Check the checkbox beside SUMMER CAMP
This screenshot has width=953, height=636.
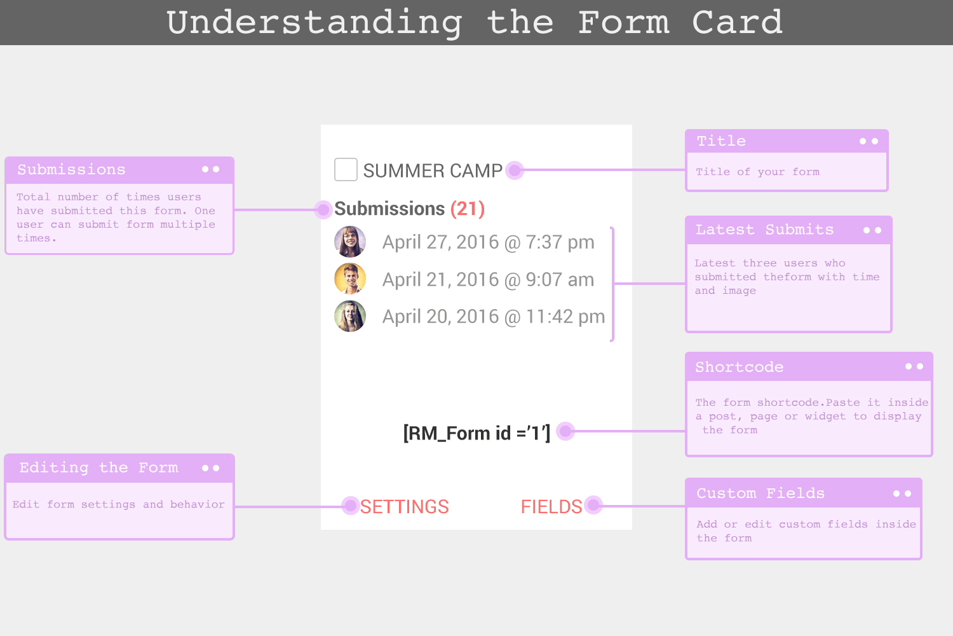pyautogui.click(x=346, y=170)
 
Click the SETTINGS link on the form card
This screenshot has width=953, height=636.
pyautogui.click(x=404, y=506)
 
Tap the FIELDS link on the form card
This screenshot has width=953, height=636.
pyautogui.click(x=551, y=506)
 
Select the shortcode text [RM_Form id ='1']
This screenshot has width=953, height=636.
pyautogui.click(x=476, y=433)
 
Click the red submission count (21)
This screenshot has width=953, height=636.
pyautogui.click(x=468, y=209)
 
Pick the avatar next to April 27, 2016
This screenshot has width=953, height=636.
pyautogui.click(x=350, y=242)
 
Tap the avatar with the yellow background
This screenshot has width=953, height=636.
pyautogui.click(x=350, y=279)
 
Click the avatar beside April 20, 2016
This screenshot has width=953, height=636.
pyautogui.click(x=350, y=316)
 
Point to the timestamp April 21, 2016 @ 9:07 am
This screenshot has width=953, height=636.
pyautogui.click(x=488, y=280)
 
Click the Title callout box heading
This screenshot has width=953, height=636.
pyautogui.click(x=721, y=141)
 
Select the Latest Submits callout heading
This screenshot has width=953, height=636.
pyautogui.click(x=764, y=230)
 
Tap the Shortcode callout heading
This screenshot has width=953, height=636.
pyautogui.click(x=740, y=367)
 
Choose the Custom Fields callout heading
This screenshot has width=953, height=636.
pyautogui.click(x=760, y=494)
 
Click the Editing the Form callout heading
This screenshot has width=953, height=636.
pyautogui.click(x=98, y=467)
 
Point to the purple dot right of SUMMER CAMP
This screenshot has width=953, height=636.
pyautogui.click(x=515, y=170)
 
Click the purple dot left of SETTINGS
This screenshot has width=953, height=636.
pyautogui.click(x=351, y=506)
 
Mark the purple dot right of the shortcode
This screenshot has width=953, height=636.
pyautogui.click(x=565, y=431)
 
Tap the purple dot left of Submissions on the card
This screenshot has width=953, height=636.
pyautogui.click(x=323, y=210)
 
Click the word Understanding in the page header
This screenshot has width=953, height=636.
pyautogui.click(x=314, y=23)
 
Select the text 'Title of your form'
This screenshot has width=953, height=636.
pyautogui.click(x=758, y=172)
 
